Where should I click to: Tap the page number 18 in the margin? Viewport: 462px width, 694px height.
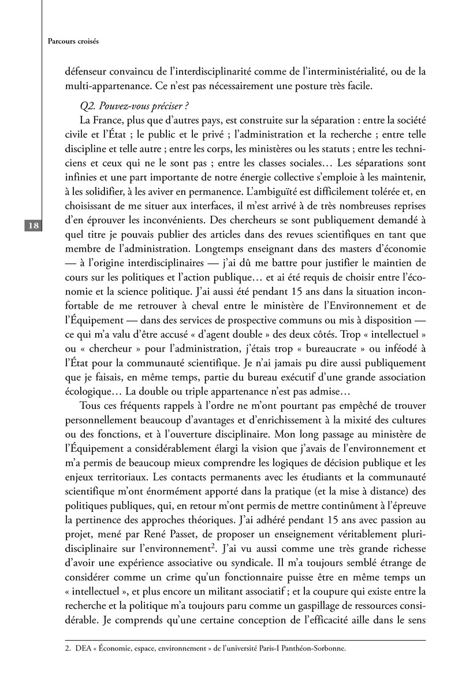(32, 226)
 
